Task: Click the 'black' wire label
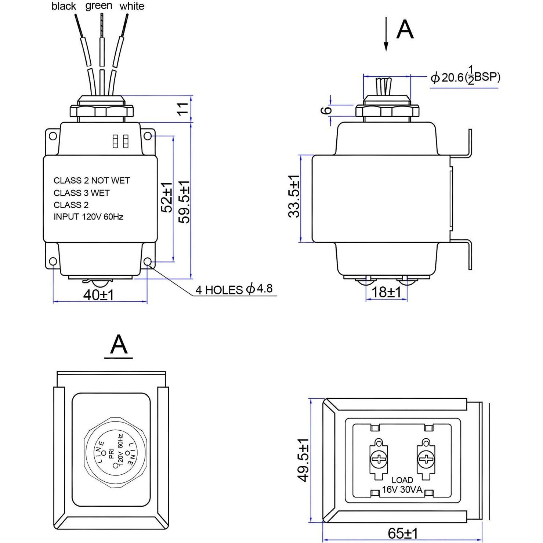64,6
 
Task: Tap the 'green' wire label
99,6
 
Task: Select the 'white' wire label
131,6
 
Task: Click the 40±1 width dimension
98,295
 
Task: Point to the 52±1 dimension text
167,198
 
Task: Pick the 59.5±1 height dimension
184,202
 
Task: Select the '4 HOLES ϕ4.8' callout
234,289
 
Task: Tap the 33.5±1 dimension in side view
294,196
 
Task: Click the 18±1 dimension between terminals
386,292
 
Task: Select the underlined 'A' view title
119,345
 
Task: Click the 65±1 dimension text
402,533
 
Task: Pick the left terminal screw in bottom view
378,459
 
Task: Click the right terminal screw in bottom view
426,459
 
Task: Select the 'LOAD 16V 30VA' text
402,485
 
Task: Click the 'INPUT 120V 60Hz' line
88,217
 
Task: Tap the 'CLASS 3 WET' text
82,193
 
